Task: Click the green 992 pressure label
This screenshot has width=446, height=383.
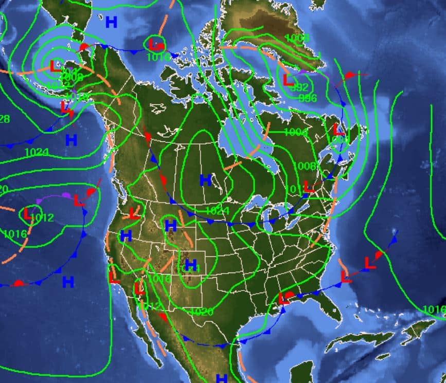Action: [x=299, y=87]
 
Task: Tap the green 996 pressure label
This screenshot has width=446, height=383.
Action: [x=308, y=98]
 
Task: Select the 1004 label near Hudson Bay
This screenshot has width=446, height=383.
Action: [x=295, y=133]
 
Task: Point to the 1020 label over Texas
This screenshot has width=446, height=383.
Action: [x=201, y=312]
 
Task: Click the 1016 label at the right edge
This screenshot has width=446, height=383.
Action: [x=434, y=309]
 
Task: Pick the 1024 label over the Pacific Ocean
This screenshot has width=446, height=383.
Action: [x=36, y=152]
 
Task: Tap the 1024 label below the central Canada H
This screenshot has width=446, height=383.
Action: [x=217, y=211]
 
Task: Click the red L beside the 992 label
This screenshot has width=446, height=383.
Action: [x=288, y=80]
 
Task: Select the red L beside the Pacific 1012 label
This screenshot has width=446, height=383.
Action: [x=28, y=213]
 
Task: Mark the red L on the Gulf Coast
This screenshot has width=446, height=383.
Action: [x=283, y=298]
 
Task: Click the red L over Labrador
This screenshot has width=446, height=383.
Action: [x=338, y=129]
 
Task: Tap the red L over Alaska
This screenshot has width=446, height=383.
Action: [x=55, y=65]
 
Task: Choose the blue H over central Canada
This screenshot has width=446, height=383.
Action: [x=206, y=180]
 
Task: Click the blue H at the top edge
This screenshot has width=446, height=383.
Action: [x=111, y=22]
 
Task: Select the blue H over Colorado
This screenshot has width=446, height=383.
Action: [x=191, y=265]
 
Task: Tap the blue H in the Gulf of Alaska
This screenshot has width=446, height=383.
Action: [x=71, y=139]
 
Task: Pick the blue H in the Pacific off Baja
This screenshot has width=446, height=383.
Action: [x=68, y=282]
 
